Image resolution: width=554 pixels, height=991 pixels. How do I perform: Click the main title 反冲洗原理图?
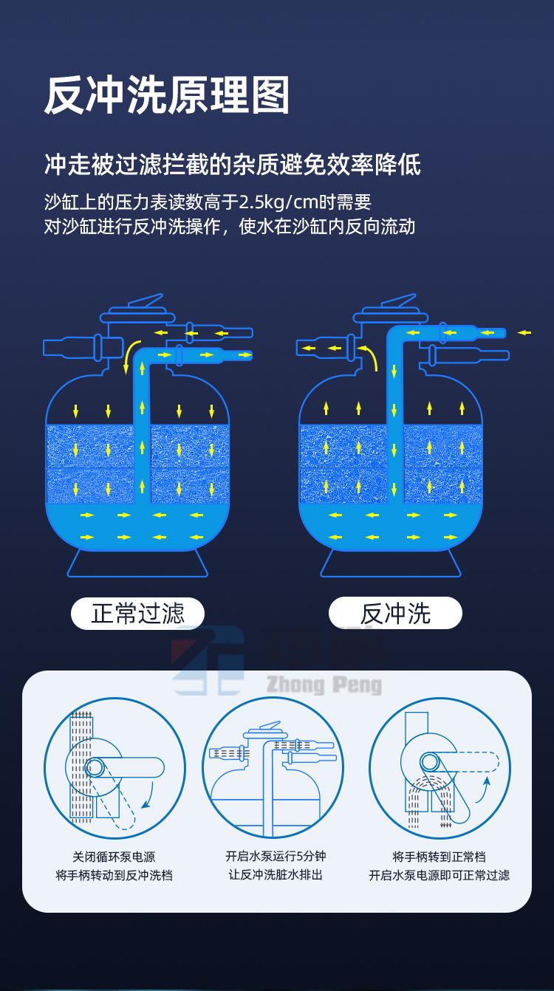pyautogui.click(x=167, y=95)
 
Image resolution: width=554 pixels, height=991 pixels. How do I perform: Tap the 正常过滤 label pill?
pyautogui.click(x=137, y=613)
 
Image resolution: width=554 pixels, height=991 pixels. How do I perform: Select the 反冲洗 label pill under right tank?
pyautogui.click(x=395, y=613)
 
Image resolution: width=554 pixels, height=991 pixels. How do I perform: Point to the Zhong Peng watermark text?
pyautogui.click(x=324, y=685)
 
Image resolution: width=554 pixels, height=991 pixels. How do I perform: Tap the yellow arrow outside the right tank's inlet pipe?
pyautogui.click(x=524, y=332)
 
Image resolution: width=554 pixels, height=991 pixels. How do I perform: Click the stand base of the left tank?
pyautogui.click(x=137, y=563)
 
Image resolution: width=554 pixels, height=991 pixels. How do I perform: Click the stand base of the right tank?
pyautogui.click(x=391, y=563)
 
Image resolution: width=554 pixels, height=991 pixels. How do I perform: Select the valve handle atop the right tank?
pyautogui.click(x=399, y=302)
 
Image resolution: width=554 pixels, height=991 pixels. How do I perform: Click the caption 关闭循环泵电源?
pyautogui.click(x=114, y=857)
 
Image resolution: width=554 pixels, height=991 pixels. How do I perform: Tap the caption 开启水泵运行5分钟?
pyautogui.click(x=276, y=856)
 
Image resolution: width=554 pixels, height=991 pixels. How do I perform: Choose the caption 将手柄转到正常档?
pyautogui.click(x=439, y=857)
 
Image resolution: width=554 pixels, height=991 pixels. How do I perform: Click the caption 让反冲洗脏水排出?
pyautogui.click(x=276, y=874)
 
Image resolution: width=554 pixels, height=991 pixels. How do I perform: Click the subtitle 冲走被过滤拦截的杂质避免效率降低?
pyautogui.click(x=233, y=165)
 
